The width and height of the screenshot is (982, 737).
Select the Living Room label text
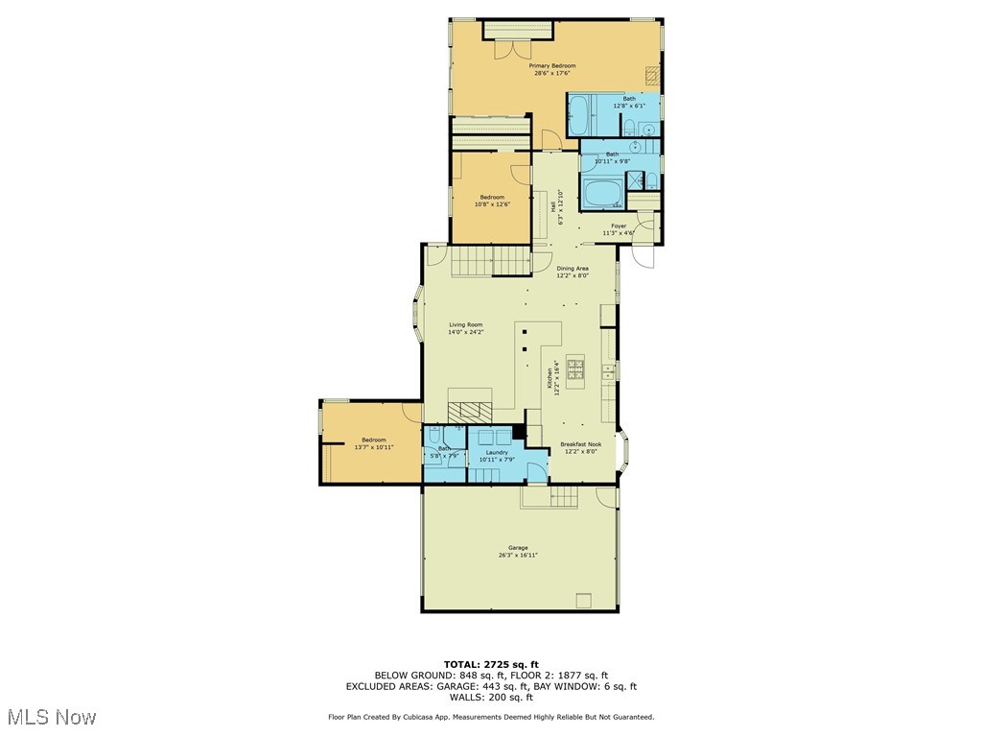coord(466,328)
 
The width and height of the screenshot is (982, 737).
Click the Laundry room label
coord(497,455)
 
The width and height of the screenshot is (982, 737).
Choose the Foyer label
coord(619,229)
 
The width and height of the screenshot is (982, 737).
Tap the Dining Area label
coord(573,272)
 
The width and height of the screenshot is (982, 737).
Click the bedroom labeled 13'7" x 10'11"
coord(374,443)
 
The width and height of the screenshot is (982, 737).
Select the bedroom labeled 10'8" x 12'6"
coord(492,200)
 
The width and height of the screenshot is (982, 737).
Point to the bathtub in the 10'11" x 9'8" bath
coord(604,195)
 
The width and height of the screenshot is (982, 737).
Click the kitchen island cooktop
coord(575,367)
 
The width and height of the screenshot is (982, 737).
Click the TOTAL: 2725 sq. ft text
coord(491,664)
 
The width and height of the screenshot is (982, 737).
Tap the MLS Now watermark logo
coord(53,717)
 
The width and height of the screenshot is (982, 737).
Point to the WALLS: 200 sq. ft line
coord(491,698)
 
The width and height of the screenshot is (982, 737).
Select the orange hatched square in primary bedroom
coord(652,75)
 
